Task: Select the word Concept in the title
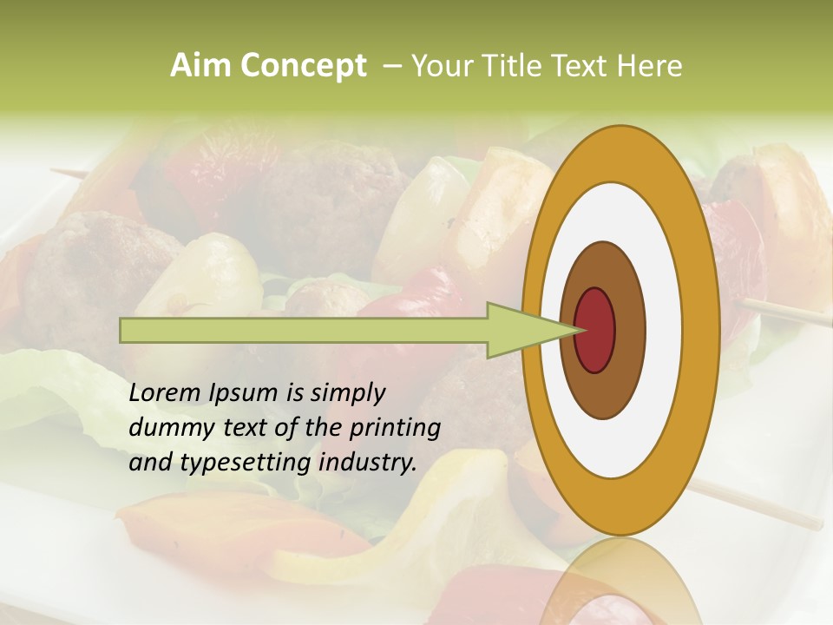303,66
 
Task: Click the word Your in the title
439,66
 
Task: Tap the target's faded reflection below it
620,590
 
